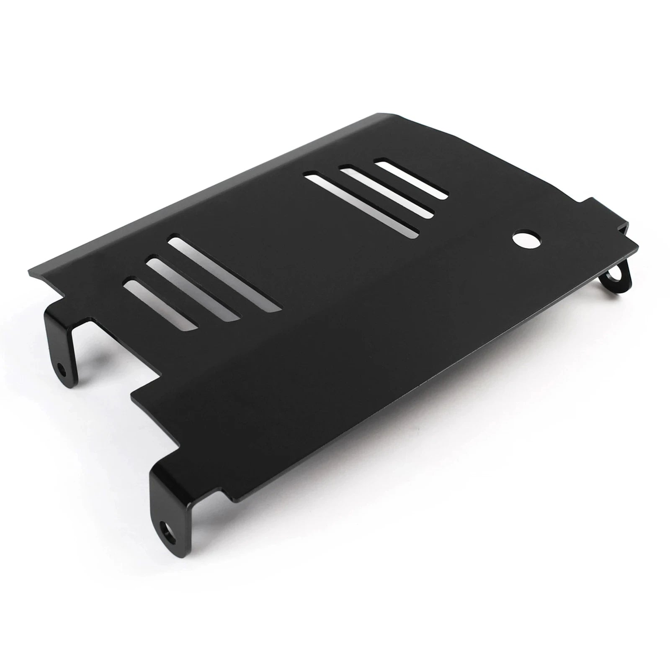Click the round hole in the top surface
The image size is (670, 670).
(x=526, y=240)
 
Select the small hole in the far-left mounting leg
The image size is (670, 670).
(x=63, y=371)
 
